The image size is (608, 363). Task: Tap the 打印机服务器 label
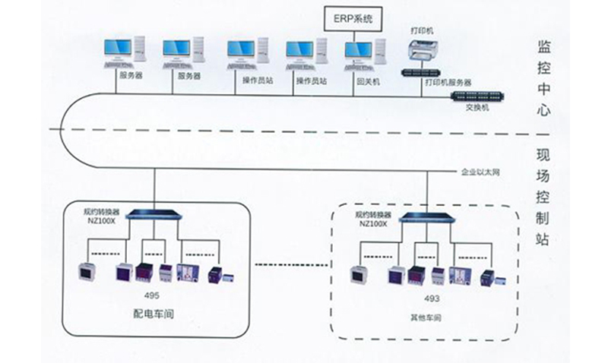(x=449, y=81)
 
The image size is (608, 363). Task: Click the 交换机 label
(x=478, y=108)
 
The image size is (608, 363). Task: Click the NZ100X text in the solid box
(x=100, y=219)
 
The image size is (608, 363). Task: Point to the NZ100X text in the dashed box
(x=372, y=224)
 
